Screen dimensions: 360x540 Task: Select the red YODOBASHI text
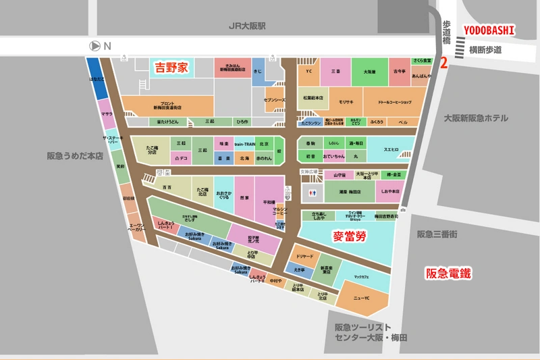pyautogui.click(x=489, y=30)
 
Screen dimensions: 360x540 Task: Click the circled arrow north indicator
pyautogui.click(x=94, y=46)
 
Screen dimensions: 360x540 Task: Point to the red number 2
pyautogui.click(x=443, y=63)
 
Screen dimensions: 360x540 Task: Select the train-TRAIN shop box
pyautogui.click(x=244, y=145)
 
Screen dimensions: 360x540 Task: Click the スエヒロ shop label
pyautogui.click(x=391, y=149)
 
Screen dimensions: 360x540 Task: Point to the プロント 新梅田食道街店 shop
pyautogui.click(x=165, y=105)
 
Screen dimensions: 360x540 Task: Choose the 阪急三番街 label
pyautogui.click(x=437, y=234)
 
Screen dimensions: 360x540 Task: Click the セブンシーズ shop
pyautogui.click(x=275, y=100)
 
